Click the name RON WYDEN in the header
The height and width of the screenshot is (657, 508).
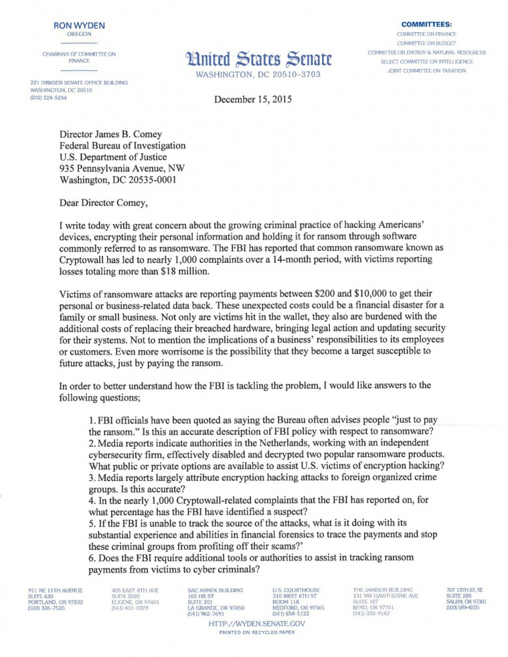point(80,26)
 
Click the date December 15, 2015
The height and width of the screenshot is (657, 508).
point(253,100)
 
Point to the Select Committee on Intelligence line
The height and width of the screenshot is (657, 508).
point(427,61)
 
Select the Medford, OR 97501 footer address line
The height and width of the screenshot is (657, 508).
point(298,608)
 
